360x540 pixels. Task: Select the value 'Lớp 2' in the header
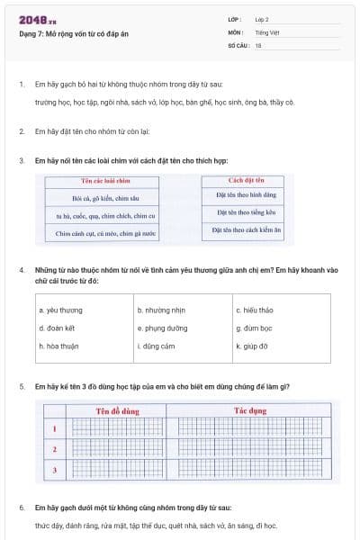coord(262,19)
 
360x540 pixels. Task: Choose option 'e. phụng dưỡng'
coord(163,328)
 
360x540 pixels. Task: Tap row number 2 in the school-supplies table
coord(55,448)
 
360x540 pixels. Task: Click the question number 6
coord(21,508)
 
